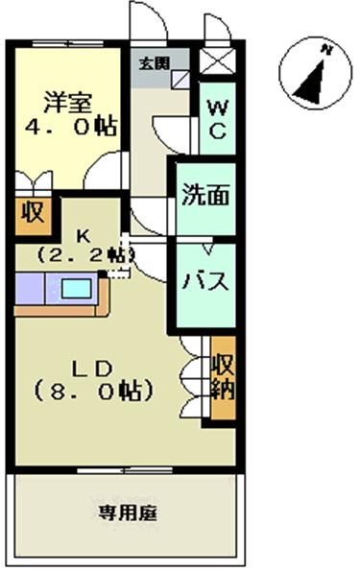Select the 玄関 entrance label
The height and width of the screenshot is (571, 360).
pos(152,64)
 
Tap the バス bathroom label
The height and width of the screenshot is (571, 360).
pos(205,282)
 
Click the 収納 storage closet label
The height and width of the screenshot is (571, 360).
pos(224,379)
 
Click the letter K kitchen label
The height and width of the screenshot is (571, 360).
pos(83,235)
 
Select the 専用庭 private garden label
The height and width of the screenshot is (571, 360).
pos(127,512)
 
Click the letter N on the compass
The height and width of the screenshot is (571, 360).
pos(326,49)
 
